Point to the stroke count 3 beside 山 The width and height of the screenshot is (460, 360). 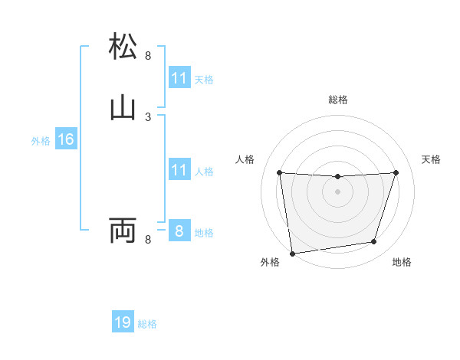coord(148,116)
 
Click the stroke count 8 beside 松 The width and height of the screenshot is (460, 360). coord(148,55)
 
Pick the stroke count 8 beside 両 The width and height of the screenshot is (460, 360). coord(148,240)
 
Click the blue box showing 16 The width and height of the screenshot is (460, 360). coord(65,139)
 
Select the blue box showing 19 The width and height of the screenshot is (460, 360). coord(123,322)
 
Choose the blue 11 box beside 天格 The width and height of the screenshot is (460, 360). coord(179,78)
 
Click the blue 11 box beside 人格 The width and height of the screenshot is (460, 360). coord(179,170)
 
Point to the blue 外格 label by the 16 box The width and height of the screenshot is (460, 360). coord(41,141)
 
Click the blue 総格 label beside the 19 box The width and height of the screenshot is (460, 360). coord(147,324)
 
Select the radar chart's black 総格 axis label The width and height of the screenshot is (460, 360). coord(337,100)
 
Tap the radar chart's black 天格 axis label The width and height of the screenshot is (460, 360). coord(432,159)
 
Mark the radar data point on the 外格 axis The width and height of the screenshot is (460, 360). coord(292,253)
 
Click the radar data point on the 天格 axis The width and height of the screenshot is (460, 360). coord(396,172)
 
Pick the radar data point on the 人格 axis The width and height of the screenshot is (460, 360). coord(279,172)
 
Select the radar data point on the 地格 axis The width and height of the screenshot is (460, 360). coord(374,242)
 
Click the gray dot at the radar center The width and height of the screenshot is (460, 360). coord(337,191)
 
